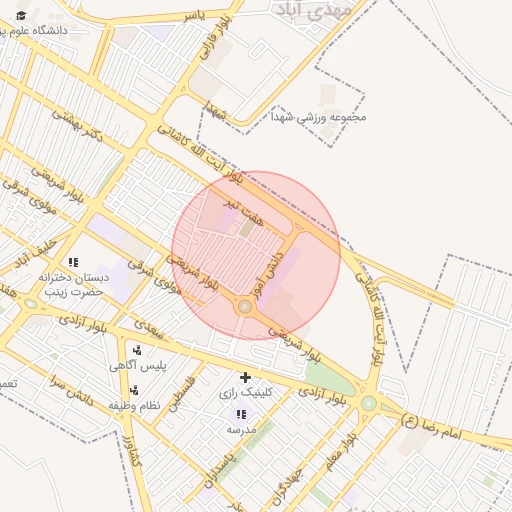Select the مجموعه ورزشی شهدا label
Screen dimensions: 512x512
pyautogui.click(x=318, y=117)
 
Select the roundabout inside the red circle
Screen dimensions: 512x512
pyautogui.click(x=245, y=306)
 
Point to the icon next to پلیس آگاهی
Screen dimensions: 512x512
pyautogui.click(x=137, y=350)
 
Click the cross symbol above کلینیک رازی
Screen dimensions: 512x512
pyautogui.click(x=245, y=377)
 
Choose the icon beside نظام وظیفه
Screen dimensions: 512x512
pyautogui.click(x=134, y=389)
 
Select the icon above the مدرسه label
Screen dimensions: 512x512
pyautogui.click(x=241, y=413)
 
